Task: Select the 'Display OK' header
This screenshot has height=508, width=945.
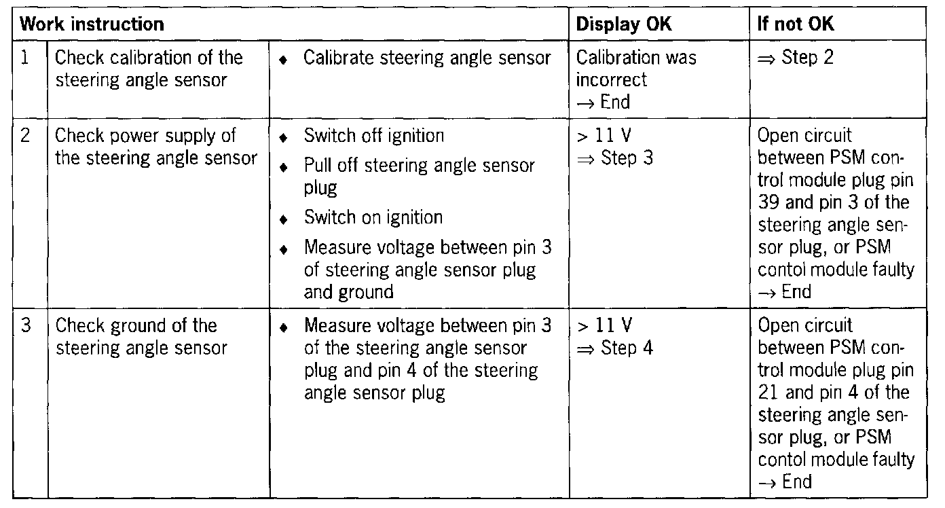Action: coord(624,25)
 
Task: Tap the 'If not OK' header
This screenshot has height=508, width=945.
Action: coord(796,25)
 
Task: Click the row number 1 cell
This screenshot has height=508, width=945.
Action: coord(25,58)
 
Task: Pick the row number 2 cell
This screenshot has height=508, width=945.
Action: coord(25,136)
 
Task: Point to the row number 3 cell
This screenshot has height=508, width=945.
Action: coord(25,326)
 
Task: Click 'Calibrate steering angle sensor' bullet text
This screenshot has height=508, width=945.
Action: coord(427,58)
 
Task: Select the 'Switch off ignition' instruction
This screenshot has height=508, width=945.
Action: coord(373,136)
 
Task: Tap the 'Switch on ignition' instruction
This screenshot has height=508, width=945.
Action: coord(373,217)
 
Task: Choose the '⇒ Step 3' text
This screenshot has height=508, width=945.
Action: coord(607,158)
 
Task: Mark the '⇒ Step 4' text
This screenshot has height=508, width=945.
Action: coord(607,348)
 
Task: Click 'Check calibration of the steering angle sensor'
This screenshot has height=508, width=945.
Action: coord(149,69)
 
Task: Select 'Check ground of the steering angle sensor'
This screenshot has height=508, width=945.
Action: coord(136,337)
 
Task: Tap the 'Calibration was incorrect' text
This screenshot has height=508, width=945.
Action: coord(635,69)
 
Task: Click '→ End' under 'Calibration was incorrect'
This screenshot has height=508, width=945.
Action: coord(603,102)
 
